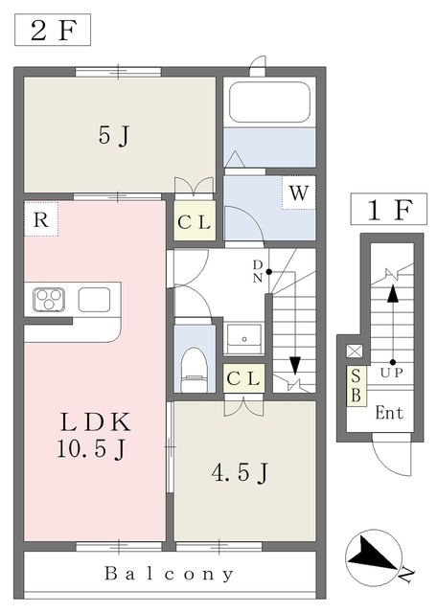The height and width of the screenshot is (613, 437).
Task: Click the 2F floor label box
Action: tap(53, 30)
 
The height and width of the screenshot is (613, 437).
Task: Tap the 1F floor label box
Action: tap(388, 209)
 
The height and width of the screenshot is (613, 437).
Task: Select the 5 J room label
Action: tap(113, 136)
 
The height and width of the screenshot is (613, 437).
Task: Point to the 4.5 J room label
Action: tap(240, 473)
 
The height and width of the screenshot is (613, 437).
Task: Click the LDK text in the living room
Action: tap(95, 422)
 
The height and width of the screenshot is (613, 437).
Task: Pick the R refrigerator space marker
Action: tap(41, 219)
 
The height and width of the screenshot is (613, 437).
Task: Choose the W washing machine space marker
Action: tap(298, 193)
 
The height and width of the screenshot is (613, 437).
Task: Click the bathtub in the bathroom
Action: tap(269, 102)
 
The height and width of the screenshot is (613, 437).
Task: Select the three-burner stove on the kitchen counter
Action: tap(49, 300)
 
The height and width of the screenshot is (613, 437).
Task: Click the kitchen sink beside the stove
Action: tap(94, 300)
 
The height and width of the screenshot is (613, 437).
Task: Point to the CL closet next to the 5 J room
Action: tap(195, 221)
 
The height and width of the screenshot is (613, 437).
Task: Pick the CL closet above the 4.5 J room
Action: tap(243, 378)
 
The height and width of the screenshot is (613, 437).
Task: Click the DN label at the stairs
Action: tap(257, 271)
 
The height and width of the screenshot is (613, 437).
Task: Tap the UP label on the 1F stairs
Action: tap(392, 373)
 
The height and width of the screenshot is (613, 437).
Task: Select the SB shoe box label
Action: tap(356, 386)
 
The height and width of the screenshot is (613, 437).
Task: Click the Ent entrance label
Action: tap(389, 413)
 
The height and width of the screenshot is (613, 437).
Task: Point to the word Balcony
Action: tap(169, 574)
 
